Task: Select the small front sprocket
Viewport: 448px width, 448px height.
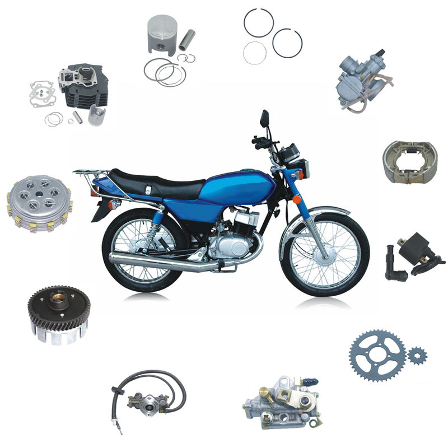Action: [417, 355]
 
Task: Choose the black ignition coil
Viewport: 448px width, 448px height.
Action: [412, 257]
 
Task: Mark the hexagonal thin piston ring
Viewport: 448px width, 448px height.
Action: [255, 53]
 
